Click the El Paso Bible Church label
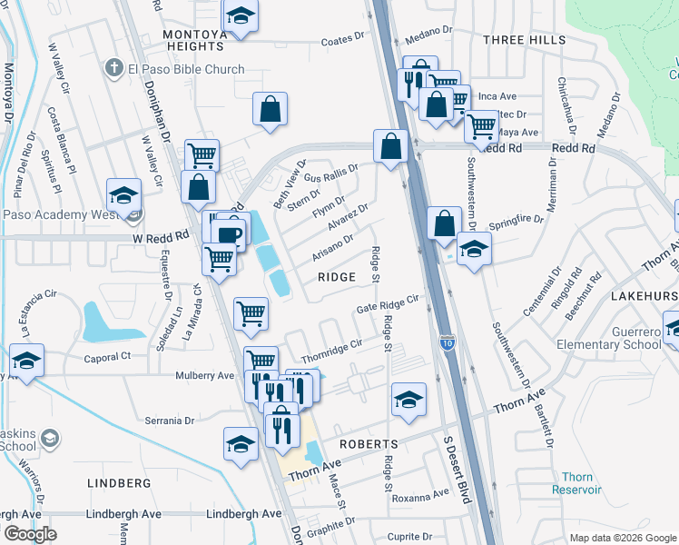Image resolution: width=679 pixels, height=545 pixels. click(186, 69)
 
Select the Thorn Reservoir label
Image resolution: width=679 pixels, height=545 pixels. click(582, 483)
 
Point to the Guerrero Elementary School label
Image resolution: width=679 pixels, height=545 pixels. click(617, 338)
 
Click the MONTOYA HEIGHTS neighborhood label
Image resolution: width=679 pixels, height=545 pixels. click(192, 41)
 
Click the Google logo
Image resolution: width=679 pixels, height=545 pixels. click(31, 534)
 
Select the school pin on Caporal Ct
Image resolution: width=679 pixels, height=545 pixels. click(27, 362)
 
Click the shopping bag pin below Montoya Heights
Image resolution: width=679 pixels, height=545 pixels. click(271, 110)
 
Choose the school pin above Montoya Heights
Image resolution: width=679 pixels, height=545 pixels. click(241, 16)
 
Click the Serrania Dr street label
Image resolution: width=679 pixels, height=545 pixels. click(170, 421)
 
